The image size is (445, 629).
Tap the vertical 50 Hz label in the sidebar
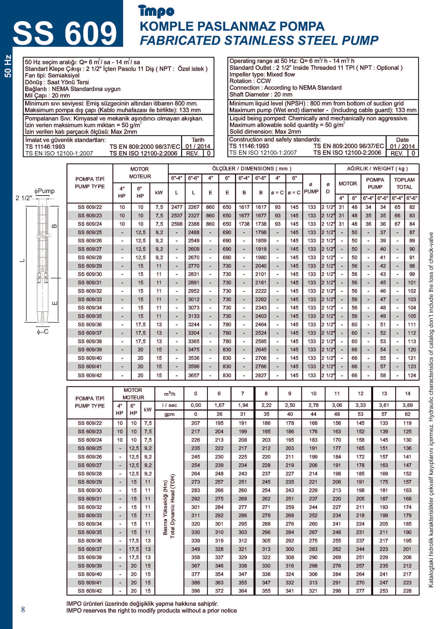[x=8, y=66]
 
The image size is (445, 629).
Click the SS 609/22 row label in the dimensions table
[x=90, y=207]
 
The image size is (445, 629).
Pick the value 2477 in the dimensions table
[x=177, y=207]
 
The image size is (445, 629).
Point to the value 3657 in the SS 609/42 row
[x=194, y=375]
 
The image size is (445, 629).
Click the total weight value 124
[x=412, y=375]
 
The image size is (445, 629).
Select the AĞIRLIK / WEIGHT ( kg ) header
[x=377, y=168]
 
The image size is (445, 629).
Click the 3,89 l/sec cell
[x=407, y=405]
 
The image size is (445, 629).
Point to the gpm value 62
[x=407, y=414]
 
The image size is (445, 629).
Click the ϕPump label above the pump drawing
[x=44, y=191]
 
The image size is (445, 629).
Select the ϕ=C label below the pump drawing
[x=43, y=332]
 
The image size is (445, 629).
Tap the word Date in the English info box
[x=402, y=140]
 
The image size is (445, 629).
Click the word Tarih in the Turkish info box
[x=198, y=140]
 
